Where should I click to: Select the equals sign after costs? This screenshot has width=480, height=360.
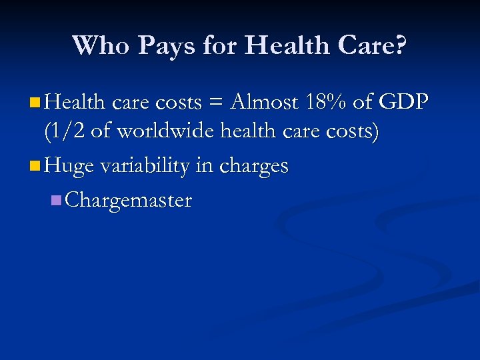215,103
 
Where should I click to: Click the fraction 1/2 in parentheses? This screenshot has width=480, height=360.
66,132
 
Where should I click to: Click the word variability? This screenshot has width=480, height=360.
145,165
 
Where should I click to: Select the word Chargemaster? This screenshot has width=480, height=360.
129,199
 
